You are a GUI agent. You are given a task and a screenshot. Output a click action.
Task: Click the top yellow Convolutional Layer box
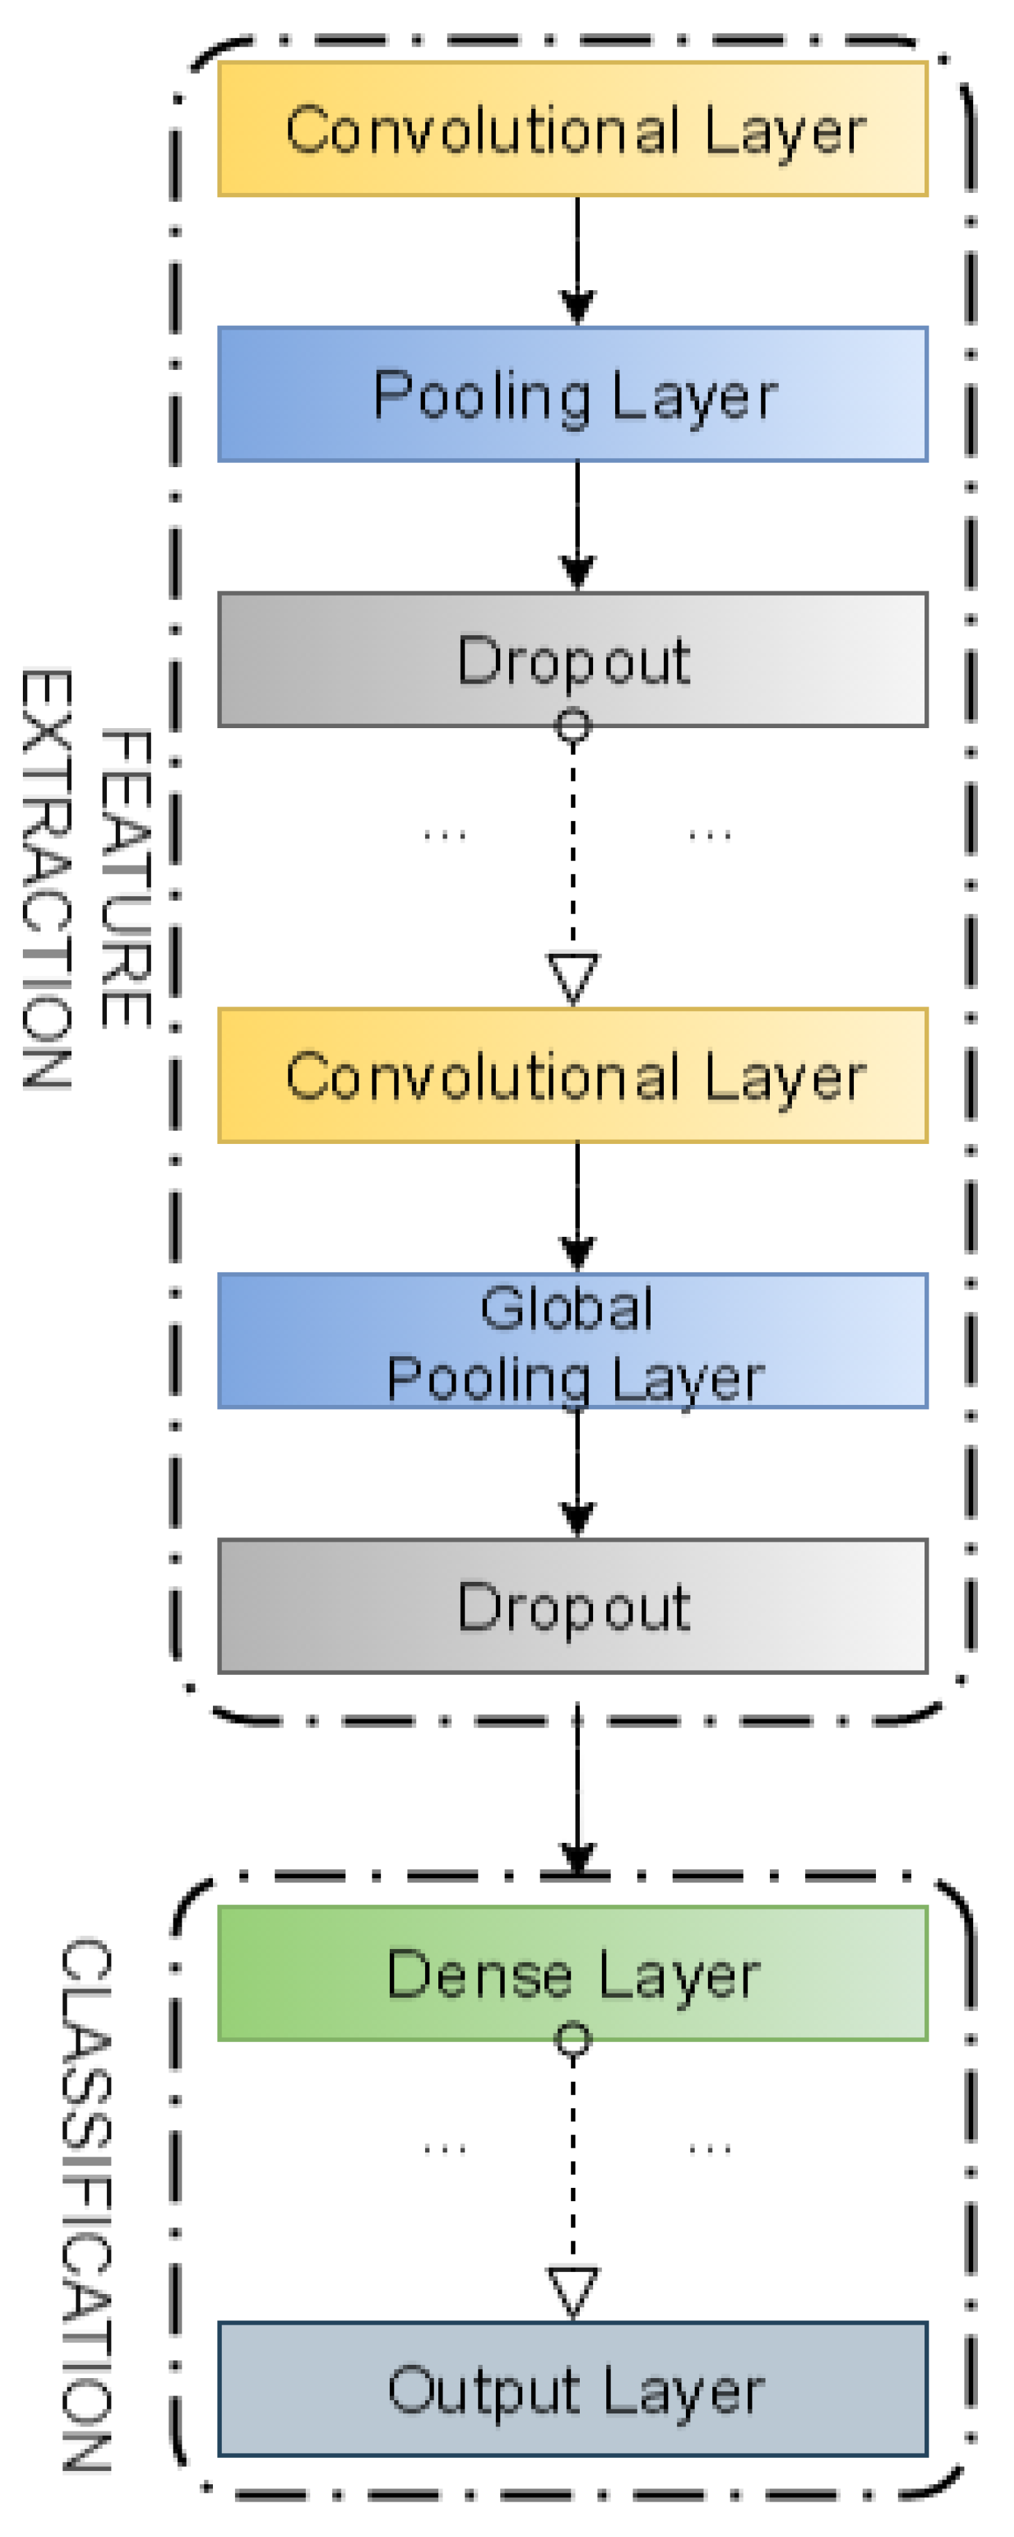(x=572, y=129)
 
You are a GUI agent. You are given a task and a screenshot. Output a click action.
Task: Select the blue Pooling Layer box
(x=572, y=394)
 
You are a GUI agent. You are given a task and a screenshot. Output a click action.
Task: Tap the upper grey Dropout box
(x=572, y=659)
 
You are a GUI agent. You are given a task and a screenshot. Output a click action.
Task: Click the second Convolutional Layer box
(x=572, y=1075)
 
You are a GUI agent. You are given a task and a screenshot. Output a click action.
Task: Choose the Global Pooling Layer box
(x=572, y=1340)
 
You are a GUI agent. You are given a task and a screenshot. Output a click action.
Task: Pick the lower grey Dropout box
(x=572, y=1605)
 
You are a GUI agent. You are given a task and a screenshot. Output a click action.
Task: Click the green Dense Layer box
(x=572, y=1973)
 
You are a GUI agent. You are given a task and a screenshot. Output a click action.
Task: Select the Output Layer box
(x=572, y=2389)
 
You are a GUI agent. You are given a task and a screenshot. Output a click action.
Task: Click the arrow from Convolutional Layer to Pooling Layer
(x=577, y=261)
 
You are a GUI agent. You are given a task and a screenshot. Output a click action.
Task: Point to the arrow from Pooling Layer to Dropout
(x=577, y=526)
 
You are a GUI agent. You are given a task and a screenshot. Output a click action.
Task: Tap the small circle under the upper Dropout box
(x=573, y=727)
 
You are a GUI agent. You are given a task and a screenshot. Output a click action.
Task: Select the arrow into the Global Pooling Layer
(x=577, y=1208)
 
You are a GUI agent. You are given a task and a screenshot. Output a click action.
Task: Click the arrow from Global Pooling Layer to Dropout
(x=577, y=1472)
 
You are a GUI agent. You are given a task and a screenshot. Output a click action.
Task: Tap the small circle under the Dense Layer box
(x=573, y=2039)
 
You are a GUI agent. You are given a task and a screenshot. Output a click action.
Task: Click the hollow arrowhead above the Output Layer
(x=573, y=2291)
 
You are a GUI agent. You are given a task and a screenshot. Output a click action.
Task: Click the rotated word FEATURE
(x=126, y=879)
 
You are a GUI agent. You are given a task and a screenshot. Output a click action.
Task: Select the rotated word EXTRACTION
(x=46, y=879)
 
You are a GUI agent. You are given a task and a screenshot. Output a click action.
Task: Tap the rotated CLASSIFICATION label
(x=87, y=2204)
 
